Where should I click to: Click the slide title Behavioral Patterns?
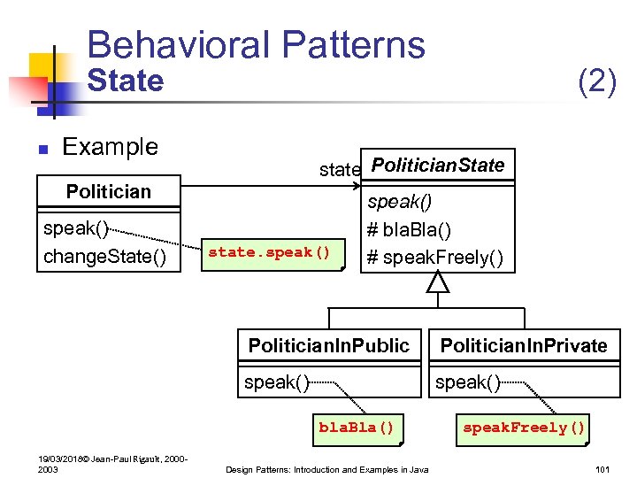pyautogui.click(x=257, y=44)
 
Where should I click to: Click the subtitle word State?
pyautogui.click(x=125, y=81)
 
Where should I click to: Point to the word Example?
pyautogui.click(x=111, y=147)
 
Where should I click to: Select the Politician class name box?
pyautogui.click(x=108, y=191)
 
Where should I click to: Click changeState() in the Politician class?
pyautogui.click(x=104, y=258)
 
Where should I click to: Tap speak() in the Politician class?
pyautogui.click(x=76, y=228)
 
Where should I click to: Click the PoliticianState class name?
pyautogui.click(x=438, y=166)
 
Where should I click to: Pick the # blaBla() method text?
pyautogui.click(x=409, y=230)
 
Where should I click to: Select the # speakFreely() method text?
pyautogui.click(x=435, y=258)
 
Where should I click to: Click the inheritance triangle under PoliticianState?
pyautogui.click(x=438, y=282)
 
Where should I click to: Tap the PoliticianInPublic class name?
pyautogui.click(x=329, y=346)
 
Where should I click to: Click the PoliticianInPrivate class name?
pyautogui.click(x=524, y=346)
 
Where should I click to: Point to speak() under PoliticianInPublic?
pyautogui.click(x=276, y=382)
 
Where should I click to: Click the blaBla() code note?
pyautogui.click(x=356, y=428)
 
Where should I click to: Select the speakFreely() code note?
pyautogui.click(x=524, y=428)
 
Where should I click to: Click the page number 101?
pyautogui.click(x=604, y=468)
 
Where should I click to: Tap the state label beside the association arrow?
pyautogui.click(x=340, y=169)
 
